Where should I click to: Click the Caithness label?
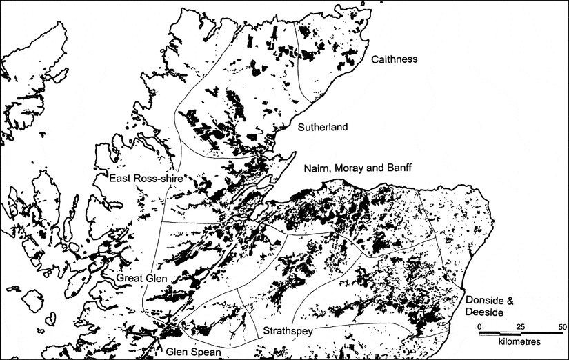click(395, 60)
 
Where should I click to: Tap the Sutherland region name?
click(322, 128)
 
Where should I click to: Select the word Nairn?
click(317, 168)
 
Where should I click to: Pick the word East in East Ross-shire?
click(121, 179)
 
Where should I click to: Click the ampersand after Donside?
click(510, 301)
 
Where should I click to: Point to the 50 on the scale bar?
click(562, 326)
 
